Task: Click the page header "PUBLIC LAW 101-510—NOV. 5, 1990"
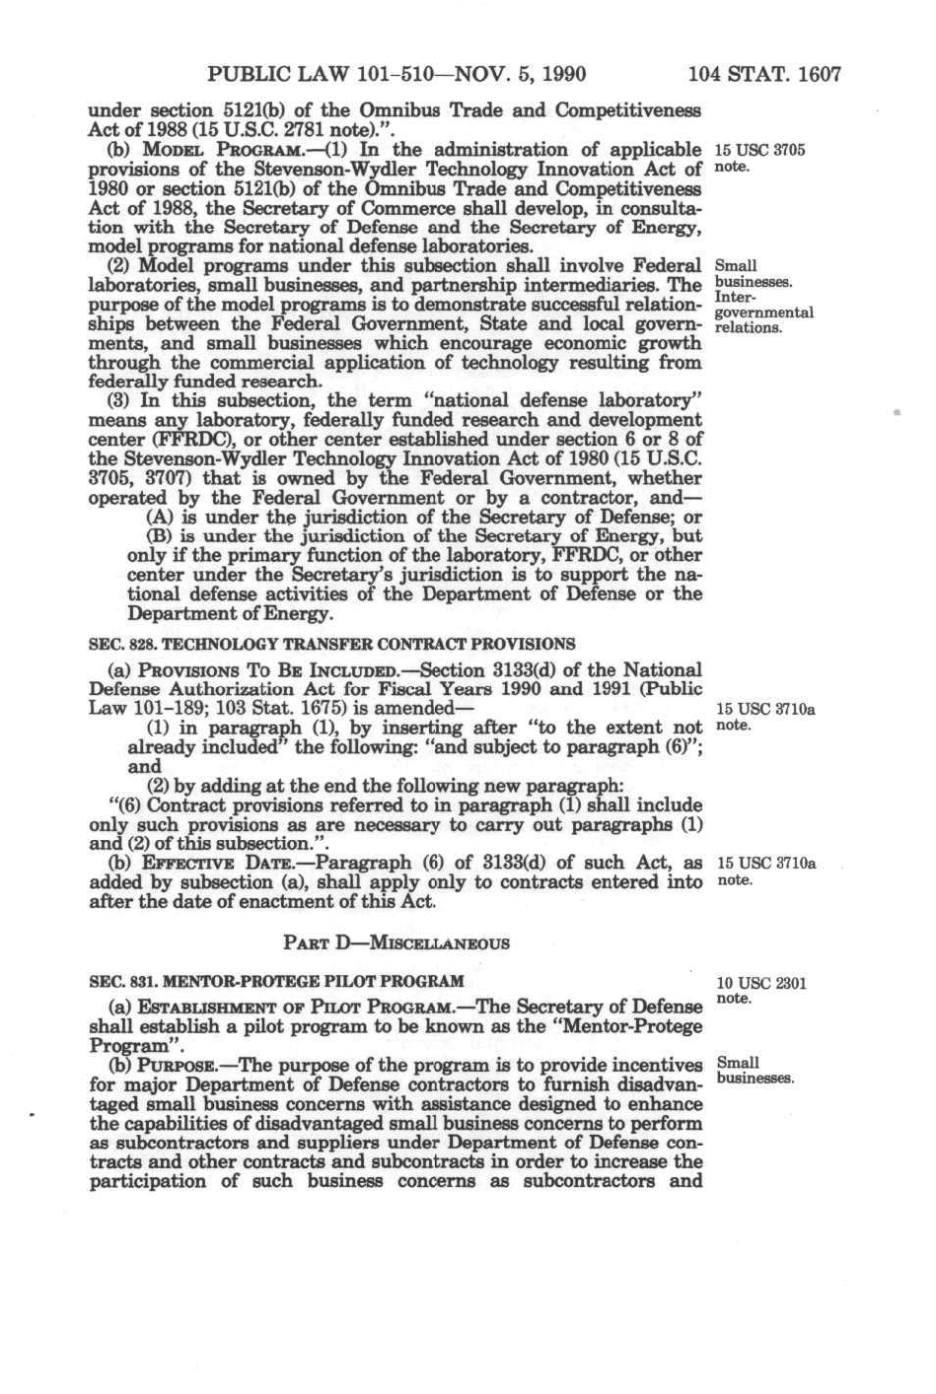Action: coord(397,74)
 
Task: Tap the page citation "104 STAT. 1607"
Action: coord(764,74)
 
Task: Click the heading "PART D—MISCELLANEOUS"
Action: coord(396,942)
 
